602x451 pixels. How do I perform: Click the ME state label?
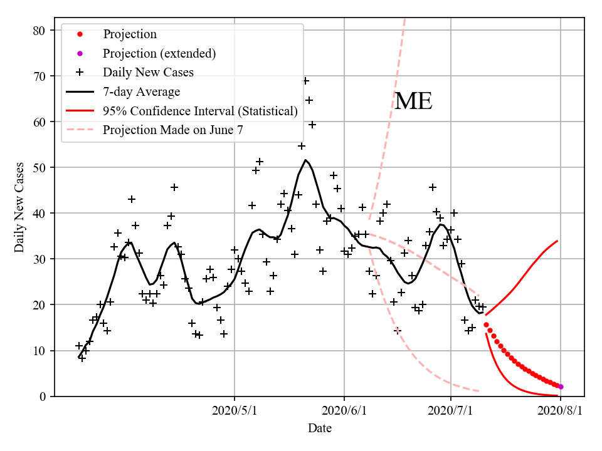413,101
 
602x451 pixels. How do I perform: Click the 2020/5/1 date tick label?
235,411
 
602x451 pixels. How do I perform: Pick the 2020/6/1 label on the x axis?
344,411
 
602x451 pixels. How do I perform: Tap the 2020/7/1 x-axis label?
451,411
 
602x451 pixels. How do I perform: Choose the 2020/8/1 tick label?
561,411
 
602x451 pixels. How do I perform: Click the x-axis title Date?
319,429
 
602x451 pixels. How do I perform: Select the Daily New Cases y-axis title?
19,207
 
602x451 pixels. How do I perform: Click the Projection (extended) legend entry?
159,53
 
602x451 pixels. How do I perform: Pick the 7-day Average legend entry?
141,91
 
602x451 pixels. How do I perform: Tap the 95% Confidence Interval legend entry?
200,111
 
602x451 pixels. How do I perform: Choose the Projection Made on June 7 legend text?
172,130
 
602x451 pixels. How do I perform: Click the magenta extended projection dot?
561,387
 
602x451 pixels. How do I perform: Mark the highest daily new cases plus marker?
305,81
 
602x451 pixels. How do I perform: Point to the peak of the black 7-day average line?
305,160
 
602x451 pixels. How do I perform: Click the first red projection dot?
486,324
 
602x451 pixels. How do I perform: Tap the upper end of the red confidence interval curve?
557,241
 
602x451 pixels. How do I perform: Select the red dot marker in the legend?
80,34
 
